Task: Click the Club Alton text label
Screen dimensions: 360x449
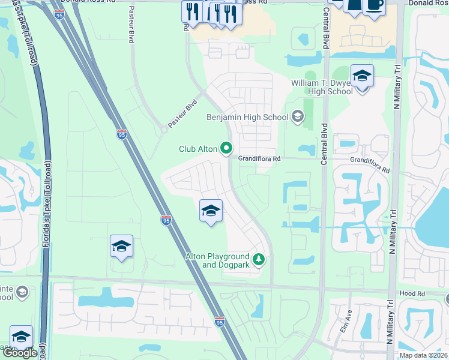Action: click(199, 149)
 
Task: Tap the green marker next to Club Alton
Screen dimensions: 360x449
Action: click(226, 147)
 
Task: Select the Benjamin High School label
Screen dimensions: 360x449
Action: click(247, 118)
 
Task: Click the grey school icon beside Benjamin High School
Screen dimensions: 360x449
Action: click(297, 116)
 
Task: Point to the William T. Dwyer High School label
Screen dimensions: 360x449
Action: click(322, 87)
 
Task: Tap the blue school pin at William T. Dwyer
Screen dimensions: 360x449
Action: click(362, 77)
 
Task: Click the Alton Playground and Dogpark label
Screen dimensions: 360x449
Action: click(217, 260)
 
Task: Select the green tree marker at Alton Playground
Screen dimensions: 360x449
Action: click(259, 260)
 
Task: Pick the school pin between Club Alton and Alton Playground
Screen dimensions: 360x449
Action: click(211, 211)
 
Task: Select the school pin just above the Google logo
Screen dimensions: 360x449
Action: click(21, 337)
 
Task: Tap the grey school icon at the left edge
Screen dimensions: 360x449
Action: click(22, 292)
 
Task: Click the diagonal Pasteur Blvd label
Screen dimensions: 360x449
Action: click(182, 113)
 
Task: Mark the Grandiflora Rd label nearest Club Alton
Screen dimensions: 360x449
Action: click(259, 159)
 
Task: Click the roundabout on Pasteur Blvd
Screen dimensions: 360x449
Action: click(164, 128)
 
